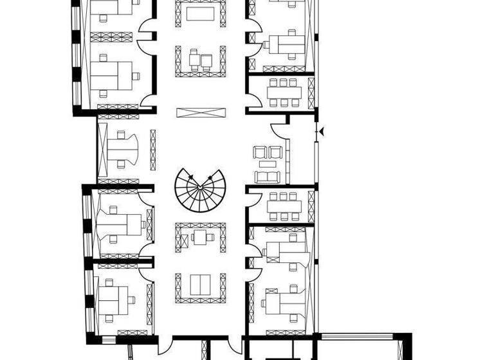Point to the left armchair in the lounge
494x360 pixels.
tap(261, 153)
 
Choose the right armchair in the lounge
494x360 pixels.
tap(275, 153)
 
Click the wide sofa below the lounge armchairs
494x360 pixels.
tap(267, 175)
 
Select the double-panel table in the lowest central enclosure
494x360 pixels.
tap(200, 283)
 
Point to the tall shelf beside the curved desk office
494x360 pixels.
tap(153, 149)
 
